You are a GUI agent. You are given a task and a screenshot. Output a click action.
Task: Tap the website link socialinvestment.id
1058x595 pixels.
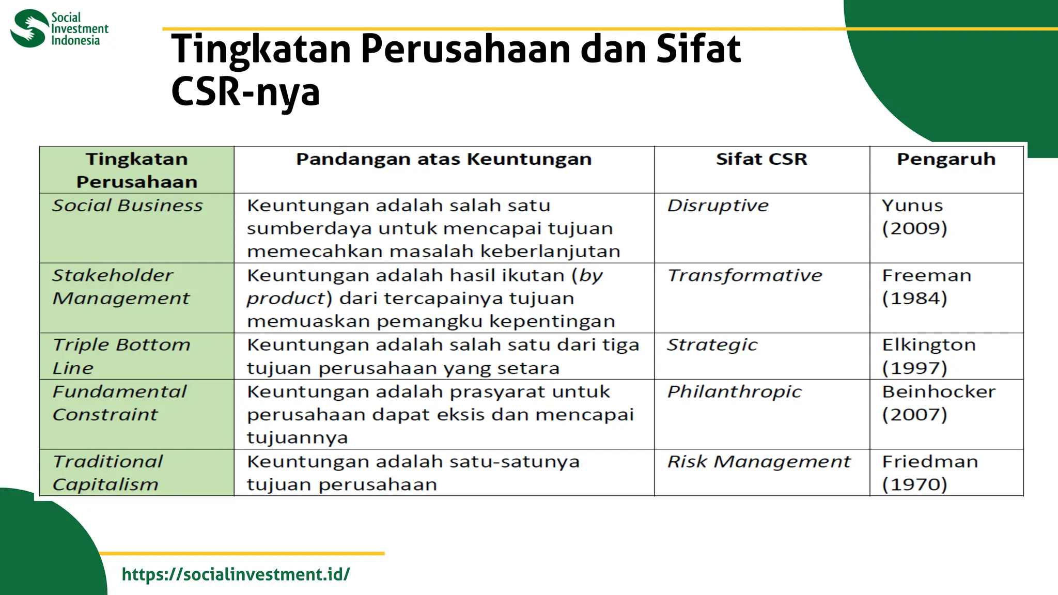236,574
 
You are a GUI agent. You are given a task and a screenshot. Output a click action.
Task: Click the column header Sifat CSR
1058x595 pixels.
761,159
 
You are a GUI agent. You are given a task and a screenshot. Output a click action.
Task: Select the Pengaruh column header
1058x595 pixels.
946,159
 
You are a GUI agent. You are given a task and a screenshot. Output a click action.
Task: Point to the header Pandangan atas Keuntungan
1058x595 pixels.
444,159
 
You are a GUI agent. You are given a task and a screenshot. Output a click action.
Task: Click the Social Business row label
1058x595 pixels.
127,206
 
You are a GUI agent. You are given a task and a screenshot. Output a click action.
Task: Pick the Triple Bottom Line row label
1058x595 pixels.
121,356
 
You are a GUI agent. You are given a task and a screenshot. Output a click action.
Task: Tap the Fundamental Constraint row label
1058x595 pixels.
119,403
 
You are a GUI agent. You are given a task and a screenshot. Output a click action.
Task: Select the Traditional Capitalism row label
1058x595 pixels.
107,473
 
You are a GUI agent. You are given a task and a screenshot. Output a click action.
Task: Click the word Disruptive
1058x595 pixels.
718,206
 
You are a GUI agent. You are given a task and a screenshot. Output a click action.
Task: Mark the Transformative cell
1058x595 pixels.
744,275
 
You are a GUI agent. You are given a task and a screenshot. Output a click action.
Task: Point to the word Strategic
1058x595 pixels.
712,345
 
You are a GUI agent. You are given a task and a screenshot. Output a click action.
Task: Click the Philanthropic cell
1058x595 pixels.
734,392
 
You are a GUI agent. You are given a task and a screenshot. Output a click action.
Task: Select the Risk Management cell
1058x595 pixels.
758,461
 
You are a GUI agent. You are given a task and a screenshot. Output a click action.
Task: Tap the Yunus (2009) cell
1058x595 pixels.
914,217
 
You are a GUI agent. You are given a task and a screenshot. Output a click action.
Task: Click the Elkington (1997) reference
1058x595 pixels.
928,356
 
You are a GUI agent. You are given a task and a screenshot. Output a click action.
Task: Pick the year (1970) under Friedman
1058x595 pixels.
914,484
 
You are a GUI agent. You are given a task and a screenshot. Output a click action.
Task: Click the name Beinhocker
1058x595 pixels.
939,392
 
